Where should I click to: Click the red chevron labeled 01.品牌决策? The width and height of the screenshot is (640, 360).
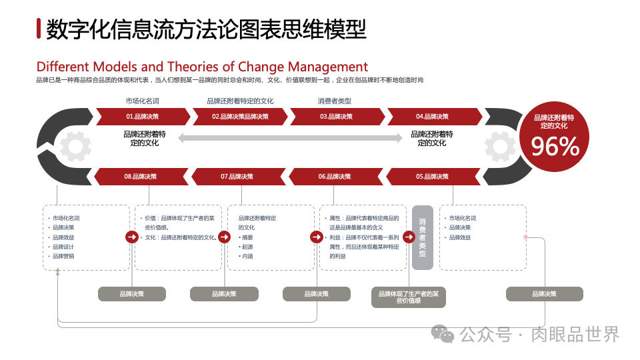142,117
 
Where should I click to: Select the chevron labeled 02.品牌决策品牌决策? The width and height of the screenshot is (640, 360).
240,117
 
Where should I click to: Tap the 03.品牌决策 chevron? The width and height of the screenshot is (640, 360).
336,117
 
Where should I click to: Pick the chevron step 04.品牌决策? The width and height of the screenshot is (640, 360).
433,117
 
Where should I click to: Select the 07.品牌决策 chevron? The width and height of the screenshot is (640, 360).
237,177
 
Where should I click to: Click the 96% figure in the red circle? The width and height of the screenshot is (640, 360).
555,147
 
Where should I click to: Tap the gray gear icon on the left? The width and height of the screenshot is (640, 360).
75,147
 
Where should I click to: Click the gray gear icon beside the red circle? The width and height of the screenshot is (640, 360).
500,147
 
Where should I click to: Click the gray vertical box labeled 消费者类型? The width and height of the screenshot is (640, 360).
422,237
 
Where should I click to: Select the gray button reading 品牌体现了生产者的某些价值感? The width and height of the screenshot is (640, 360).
409,297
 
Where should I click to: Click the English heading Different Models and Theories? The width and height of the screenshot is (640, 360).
202,67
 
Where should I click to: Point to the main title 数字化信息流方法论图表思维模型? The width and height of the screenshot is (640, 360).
207,29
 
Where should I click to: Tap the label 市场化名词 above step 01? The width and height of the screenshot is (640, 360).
142,101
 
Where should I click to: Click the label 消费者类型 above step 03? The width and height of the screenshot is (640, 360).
335,101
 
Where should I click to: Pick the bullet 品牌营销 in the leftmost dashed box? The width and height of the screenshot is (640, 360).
63,256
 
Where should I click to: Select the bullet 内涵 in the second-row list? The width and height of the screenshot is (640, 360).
247,256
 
